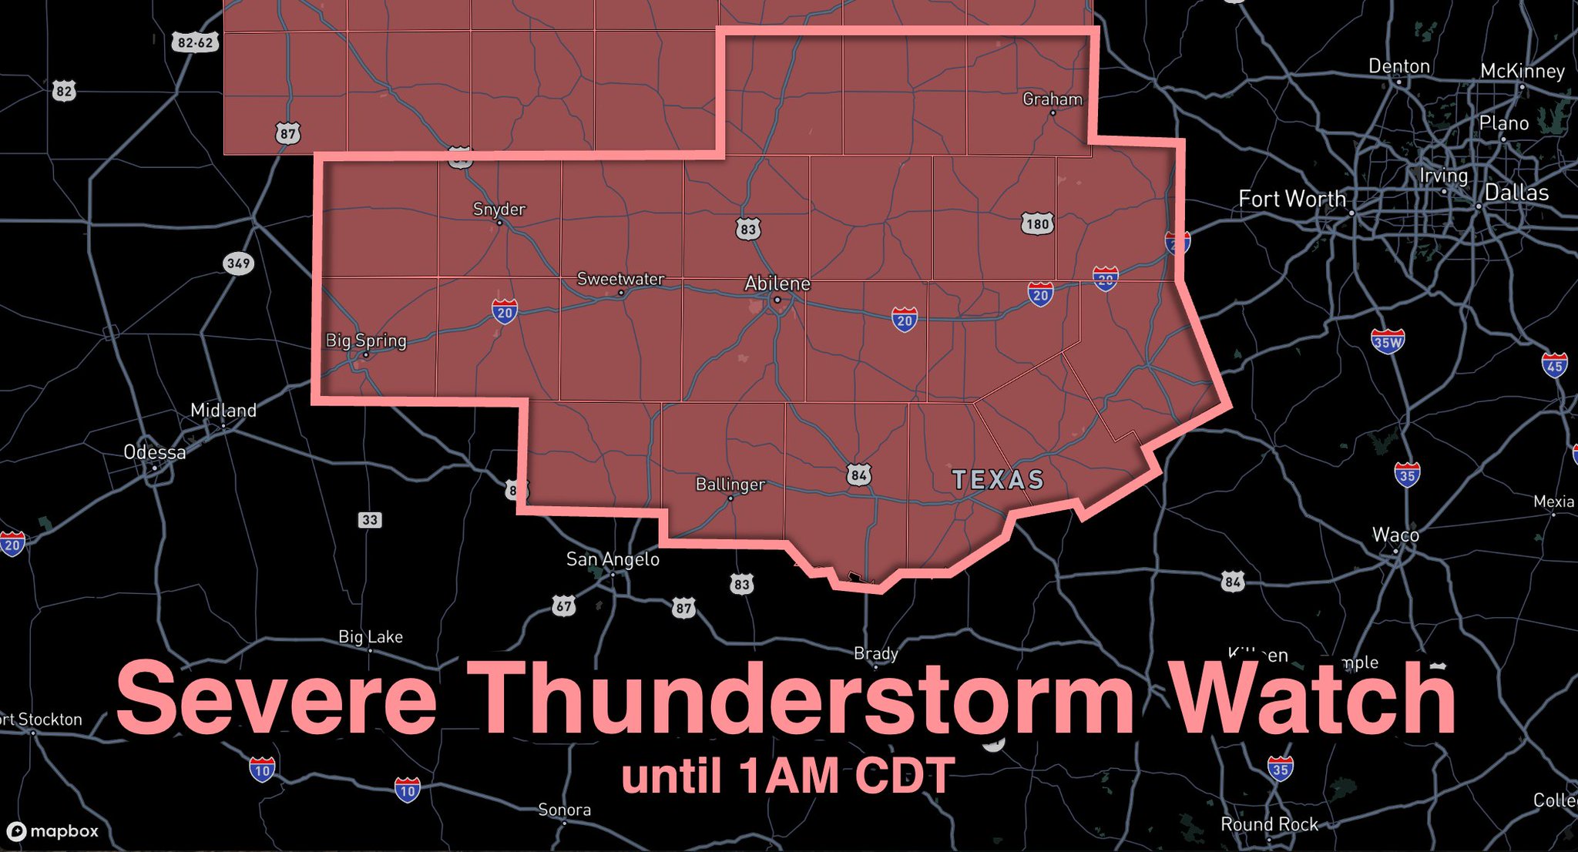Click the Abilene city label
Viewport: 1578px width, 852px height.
[x=777, y=283]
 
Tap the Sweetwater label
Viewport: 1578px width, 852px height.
[x=620, y=279]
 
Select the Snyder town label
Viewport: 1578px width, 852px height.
[x=499, y=209]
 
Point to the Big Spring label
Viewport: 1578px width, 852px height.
[x=366, y=340]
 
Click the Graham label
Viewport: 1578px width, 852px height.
[x=1052, y=99]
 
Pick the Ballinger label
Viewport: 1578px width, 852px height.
[x=730, y=485]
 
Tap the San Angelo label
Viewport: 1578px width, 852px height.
[x=613, y=559]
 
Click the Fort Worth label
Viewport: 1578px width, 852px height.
[x=1291, y=199]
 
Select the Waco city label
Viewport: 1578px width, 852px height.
[x=1395, y=535]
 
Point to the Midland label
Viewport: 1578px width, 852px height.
[x=223, y=411]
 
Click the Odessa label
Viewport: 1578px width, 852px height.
[x=155, y=452]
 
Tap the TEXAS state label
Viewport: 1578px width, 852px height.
[x=998, y=480]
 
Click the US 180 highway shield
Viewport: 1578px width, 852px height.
[x=1037, y=224]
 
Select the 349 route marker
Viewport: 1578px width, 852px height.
[x=238, y=263]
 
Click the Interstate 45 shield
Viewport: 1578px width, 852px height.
[x=1554, y=365]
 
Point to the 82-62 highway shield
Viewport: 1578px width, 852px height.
[x=195, y=42]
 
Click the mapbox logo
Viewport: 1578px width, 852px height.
[x=53, y=831]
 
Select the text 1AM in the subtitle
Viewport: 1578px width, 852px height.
[x=787, y=775]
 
